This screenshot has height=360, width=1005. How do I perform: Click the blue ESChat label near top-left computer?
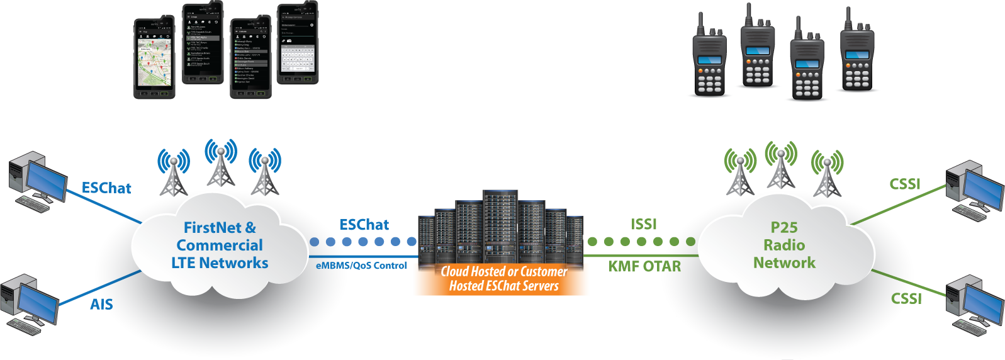(x=106, y=188)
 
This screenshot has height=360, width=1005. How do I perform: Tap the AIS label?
(x=101, y=305)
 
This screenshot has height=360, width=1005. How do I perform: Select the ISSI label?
(x=643, y=225)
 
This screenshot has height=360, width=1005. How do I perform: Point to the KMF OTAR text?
(x=644, y=267)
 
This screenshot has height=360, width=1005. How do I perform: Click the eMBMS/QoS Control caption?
(x=361, y=266)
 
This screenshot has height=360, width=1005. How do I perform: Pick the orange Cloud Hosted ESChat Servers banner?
(x=502, y=279)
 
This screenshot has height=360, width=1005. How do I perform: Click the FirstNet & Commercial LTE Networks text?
(x=220, y=245)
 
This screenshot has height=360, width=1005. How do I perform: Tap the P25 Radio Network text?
(x=784, y=245)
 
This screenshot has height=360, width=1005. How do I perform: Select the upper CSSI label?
(x=904, y=184)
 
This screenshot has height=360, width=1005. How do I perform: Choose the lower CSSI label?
(x=906, y=299)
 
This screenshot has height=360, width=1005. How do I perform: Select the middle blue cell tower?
(x=220, y=164)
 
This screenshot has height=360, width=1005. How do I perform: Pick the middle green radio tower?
(x=781, y=166)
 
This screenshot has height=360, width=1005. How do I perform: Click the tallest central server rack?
(x=500, y=227)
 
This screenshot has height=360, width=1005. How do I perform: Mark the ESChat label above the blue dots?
(x=364, y=225)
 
